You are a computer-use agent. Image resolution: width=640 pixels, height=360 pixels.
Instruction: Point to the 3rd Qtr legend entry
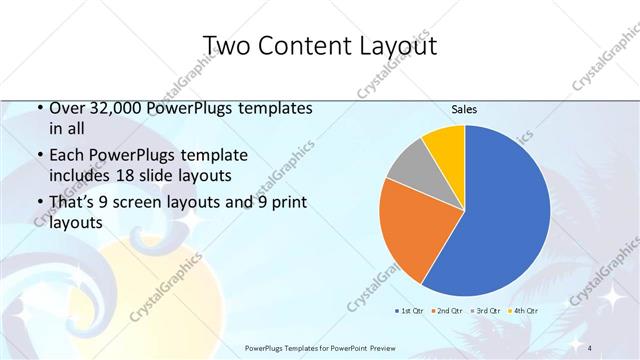pyautogui.click(x=487, y=311)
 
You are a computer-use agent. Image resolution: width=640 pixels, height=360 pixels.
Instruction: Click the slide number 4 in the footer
pyautogui.click(x=590, y=346)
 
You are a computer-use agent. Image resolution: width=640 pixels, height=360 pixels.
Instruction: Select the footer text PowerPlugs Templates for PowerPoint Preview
pyautogui.click(x=319, y=346)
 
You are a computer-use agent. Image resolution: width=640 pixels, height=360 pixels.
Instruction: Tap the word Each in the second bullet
pyautogui.click(x=67, y=156)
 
